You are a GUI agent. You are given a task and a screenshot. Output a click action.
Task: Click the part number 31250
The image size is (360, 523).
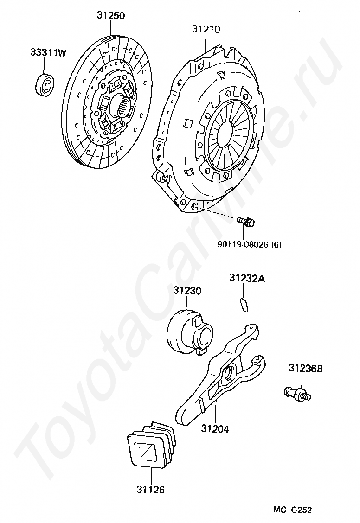tap(111, 15)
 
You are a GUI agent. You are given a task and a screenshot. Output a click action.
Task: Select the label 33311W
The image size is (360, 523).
tap(48, 53)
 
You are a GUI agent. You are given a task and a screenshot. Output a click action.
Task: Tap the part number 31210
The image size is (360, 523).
tap(206, 30)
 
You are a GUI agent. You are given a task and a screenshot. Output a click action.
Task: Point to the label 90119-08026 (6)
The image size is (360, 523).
tap(249, 244)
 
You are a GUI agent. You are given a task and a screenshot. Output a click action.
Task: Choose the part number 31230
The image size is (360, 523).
tap(187, 291)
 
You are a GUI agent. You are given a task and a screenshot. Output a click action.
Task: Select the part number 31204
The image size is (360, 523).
tap(215, 429)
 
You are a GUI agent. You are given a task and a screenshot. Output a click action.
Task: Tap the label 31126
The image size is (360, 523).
tap(150, 490)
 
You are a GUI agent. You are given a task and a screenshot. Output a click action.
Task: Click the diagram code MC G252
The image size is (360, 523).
tap(292, 510)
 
